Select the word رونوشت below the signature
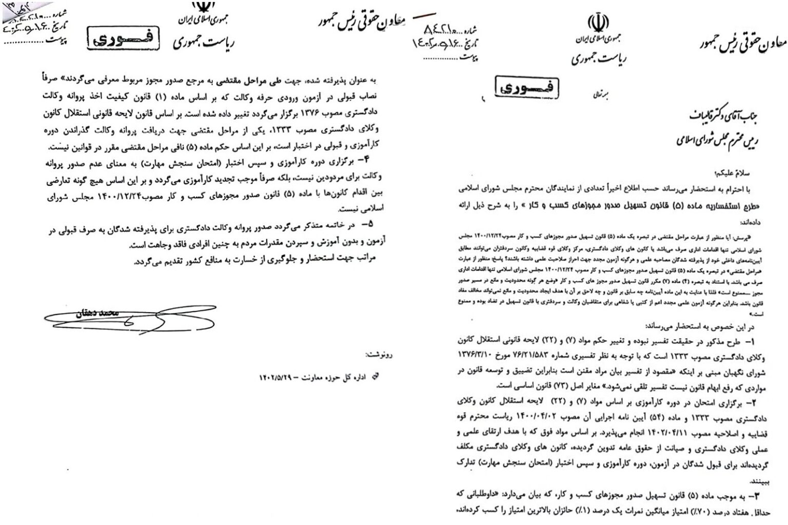click(379, 354)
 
